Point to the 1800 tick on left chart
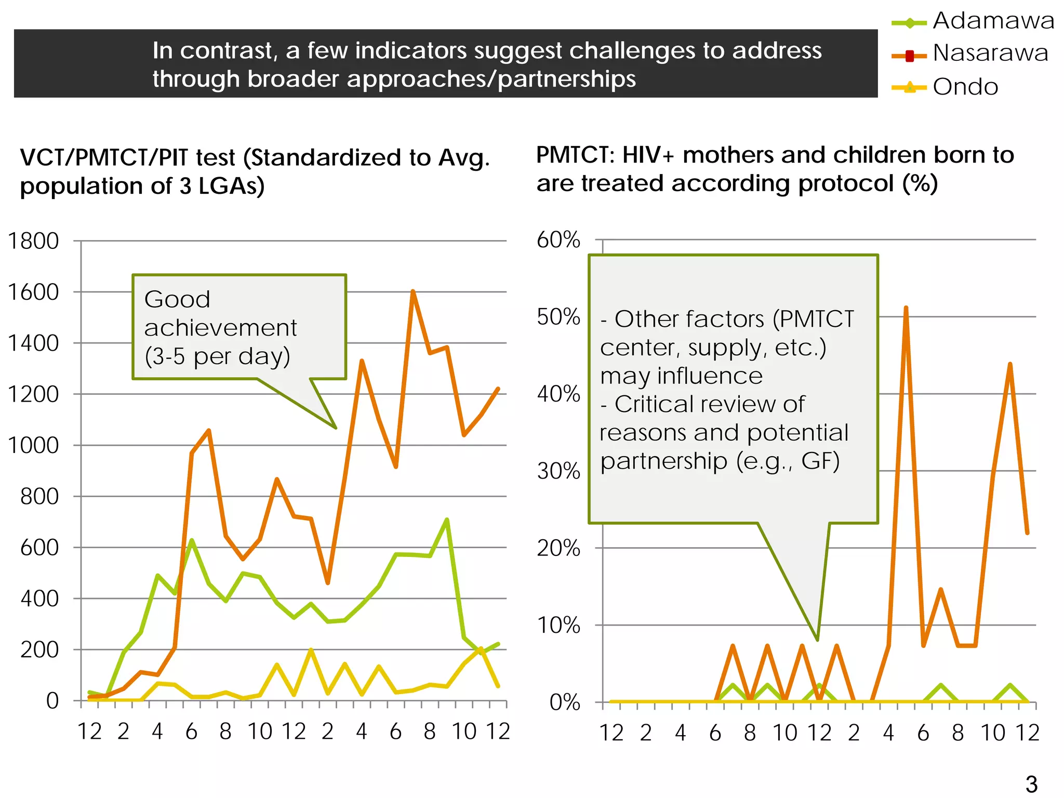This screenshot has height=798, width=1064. (33, 241)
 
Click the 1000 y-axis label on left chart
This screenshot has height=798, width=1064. (33, 445)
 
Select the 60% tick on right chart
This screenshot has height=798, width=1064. (558, 240)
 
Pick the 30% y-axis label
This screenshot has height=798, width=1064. (558, 471)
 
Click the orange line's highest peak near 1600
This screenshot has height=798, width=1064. (413, 291)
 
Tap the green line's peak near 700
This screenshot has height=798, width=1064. (447, 520)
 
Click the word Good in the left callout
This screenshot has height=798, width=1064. (177, 300)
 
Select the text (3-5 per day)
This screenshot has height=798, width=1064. (217, 357)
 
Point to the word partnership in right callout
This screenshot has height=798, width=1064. (663, 461)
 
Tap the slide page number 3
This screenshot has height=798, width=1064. (1031, 784)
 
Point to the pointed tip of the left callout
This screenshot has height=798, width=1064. (336, 428)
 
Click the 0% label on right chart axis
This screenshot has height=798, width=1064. (564, 702)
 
